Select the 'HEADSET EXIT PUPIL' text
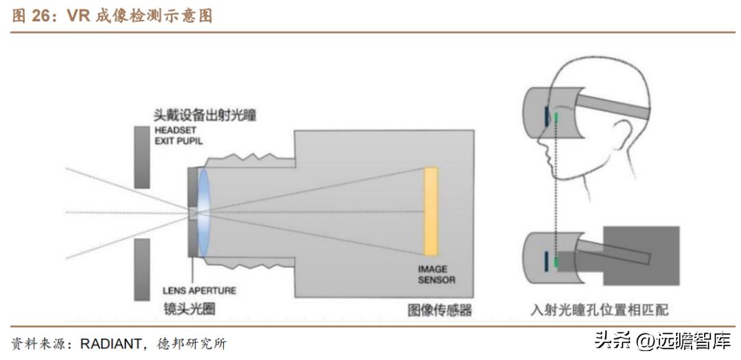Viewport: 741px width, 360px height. pos(179,136)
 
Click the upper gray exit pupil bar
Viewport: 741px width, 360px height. pos(142,157)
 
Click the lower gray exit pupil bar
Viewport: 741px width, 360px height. pos(142,269)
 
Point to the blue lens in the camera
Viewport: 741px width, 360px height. pos(204,213)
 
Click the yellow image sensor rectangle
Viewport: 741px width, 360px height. pos(431,212)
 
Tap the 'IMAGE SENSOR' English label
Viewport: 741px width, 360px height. pos(436,274)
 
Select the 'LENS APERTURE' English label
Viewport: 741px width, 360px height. pos(199,291)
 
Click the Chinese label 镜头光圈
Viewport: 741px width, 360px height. pos(189,309)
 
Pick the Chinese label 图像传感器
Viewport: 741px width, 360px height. pos(439,310)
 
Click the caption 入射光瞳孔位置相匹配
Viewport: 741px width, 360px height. pos(599,310)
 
